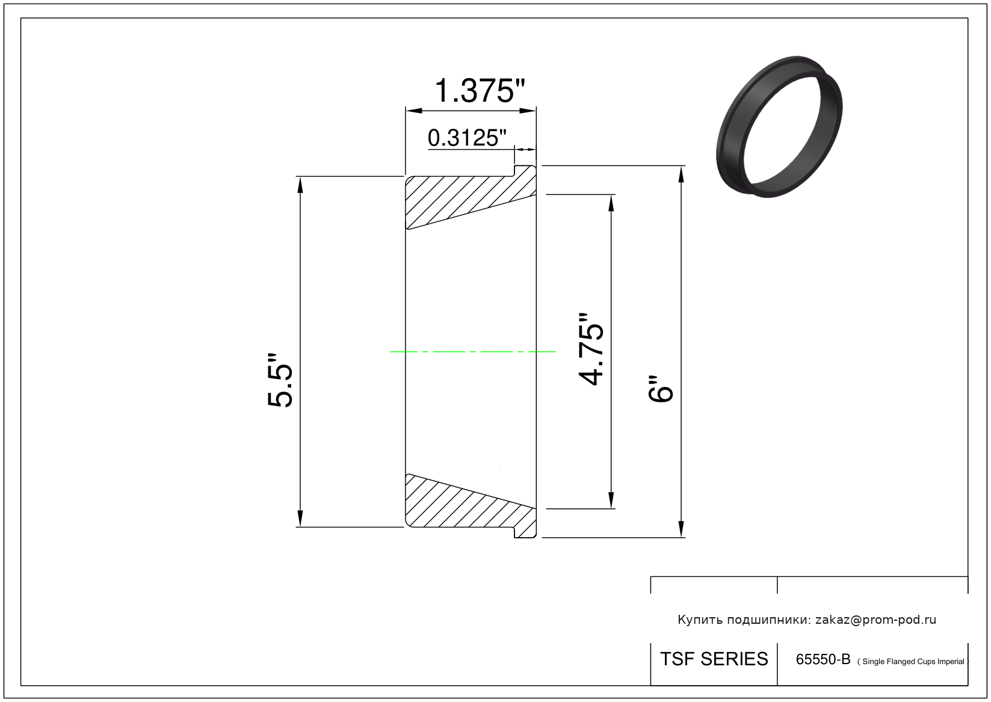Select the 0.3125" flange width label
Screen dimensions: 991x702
(467, 138)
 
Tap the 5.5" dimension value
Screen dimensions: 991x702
(280, 380)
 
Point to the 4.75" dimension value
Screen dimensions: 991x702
(591, 349)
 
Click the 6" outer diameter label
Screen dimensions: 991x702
(660, 389)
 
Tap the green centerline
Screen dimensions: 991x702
(472, 352)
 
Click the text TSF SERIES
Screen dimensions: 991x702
(714, 659)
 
